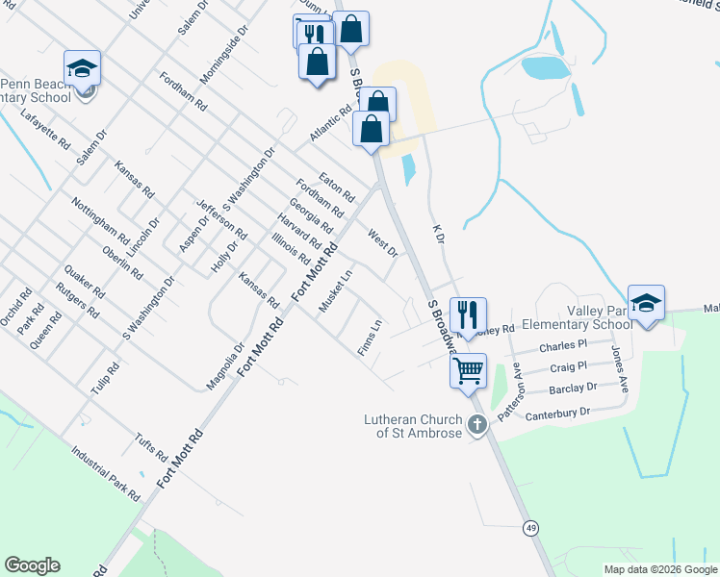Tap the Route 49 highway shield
point(530,527)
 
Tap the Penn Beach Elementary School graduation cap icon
point(83,68)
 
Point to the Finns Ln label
point(370,339)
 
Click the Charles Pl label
point(563,344)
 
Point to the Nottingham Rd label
point(100,220)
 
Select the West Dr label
point(382,243)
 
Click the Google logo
point(32,565)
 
